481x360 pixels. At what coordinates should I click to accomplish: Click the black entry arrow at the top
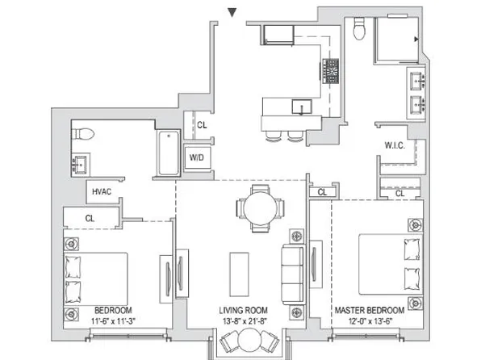coord(232,12)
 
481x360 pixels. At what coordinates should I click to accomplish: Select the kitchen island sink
coord(302,107)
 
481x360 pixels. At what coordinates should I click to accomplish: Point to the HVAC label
coord(101,192)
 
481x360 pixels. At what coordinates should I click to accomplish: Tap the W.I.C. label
coord(395,145)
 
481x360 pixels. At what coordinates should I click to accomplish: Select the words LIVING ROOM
coord(243,310)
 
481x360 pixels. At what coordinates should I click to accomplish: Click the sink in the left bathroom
coord(82,165)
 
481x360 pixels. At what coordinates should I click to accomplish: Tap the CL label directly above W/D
coord(202,125)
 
